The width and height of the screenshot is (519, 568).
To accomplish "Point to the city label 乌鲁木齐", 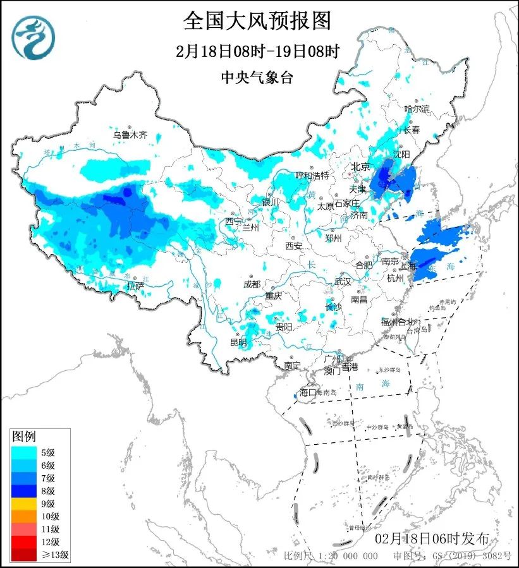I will pyautogui.click(x=130, y=135).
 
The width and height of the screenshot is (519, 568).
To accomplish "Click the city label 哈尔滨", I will pyautogui.click(x=417, y=109).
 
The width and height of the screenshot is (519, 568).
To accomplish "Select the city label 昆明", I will pyautogui.click(x=238, y=342).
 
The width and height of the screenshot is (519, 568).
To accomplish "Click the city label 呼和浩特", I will pyautogui.click(x=313, y=175).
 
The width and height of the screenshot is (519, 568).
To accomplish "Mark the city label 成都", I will pyautogui.click(x=251, y=284).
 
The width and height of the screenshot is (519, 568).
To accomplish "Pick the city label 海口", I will pyautogui.click(x=307, y=392).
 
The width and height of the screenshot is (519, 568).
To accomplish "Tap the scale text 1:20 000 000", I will pyautogui.click(x=347, y=556).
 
